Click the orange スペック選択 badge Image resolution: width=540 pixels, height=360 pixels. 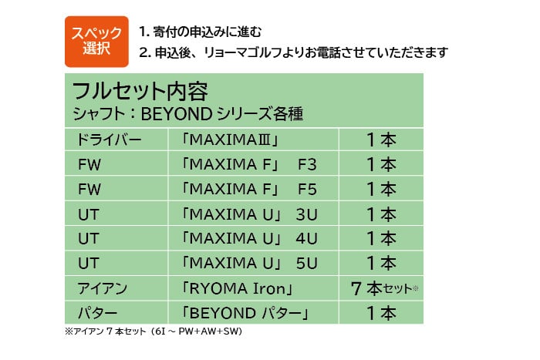96,41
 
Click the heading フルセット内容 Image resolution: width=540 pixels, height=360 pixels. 139,91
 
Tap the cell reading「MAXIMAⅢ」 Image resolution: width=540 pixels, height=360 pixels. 227,140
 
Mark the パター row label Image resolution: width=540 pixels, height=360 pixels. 96,313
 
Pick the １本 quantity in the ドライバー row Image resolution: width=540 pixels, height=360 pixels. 381,140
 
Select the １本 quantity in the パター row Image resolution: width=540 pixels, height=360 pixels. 381,313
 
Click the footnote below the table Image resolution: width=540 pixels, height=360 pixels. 154,333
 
